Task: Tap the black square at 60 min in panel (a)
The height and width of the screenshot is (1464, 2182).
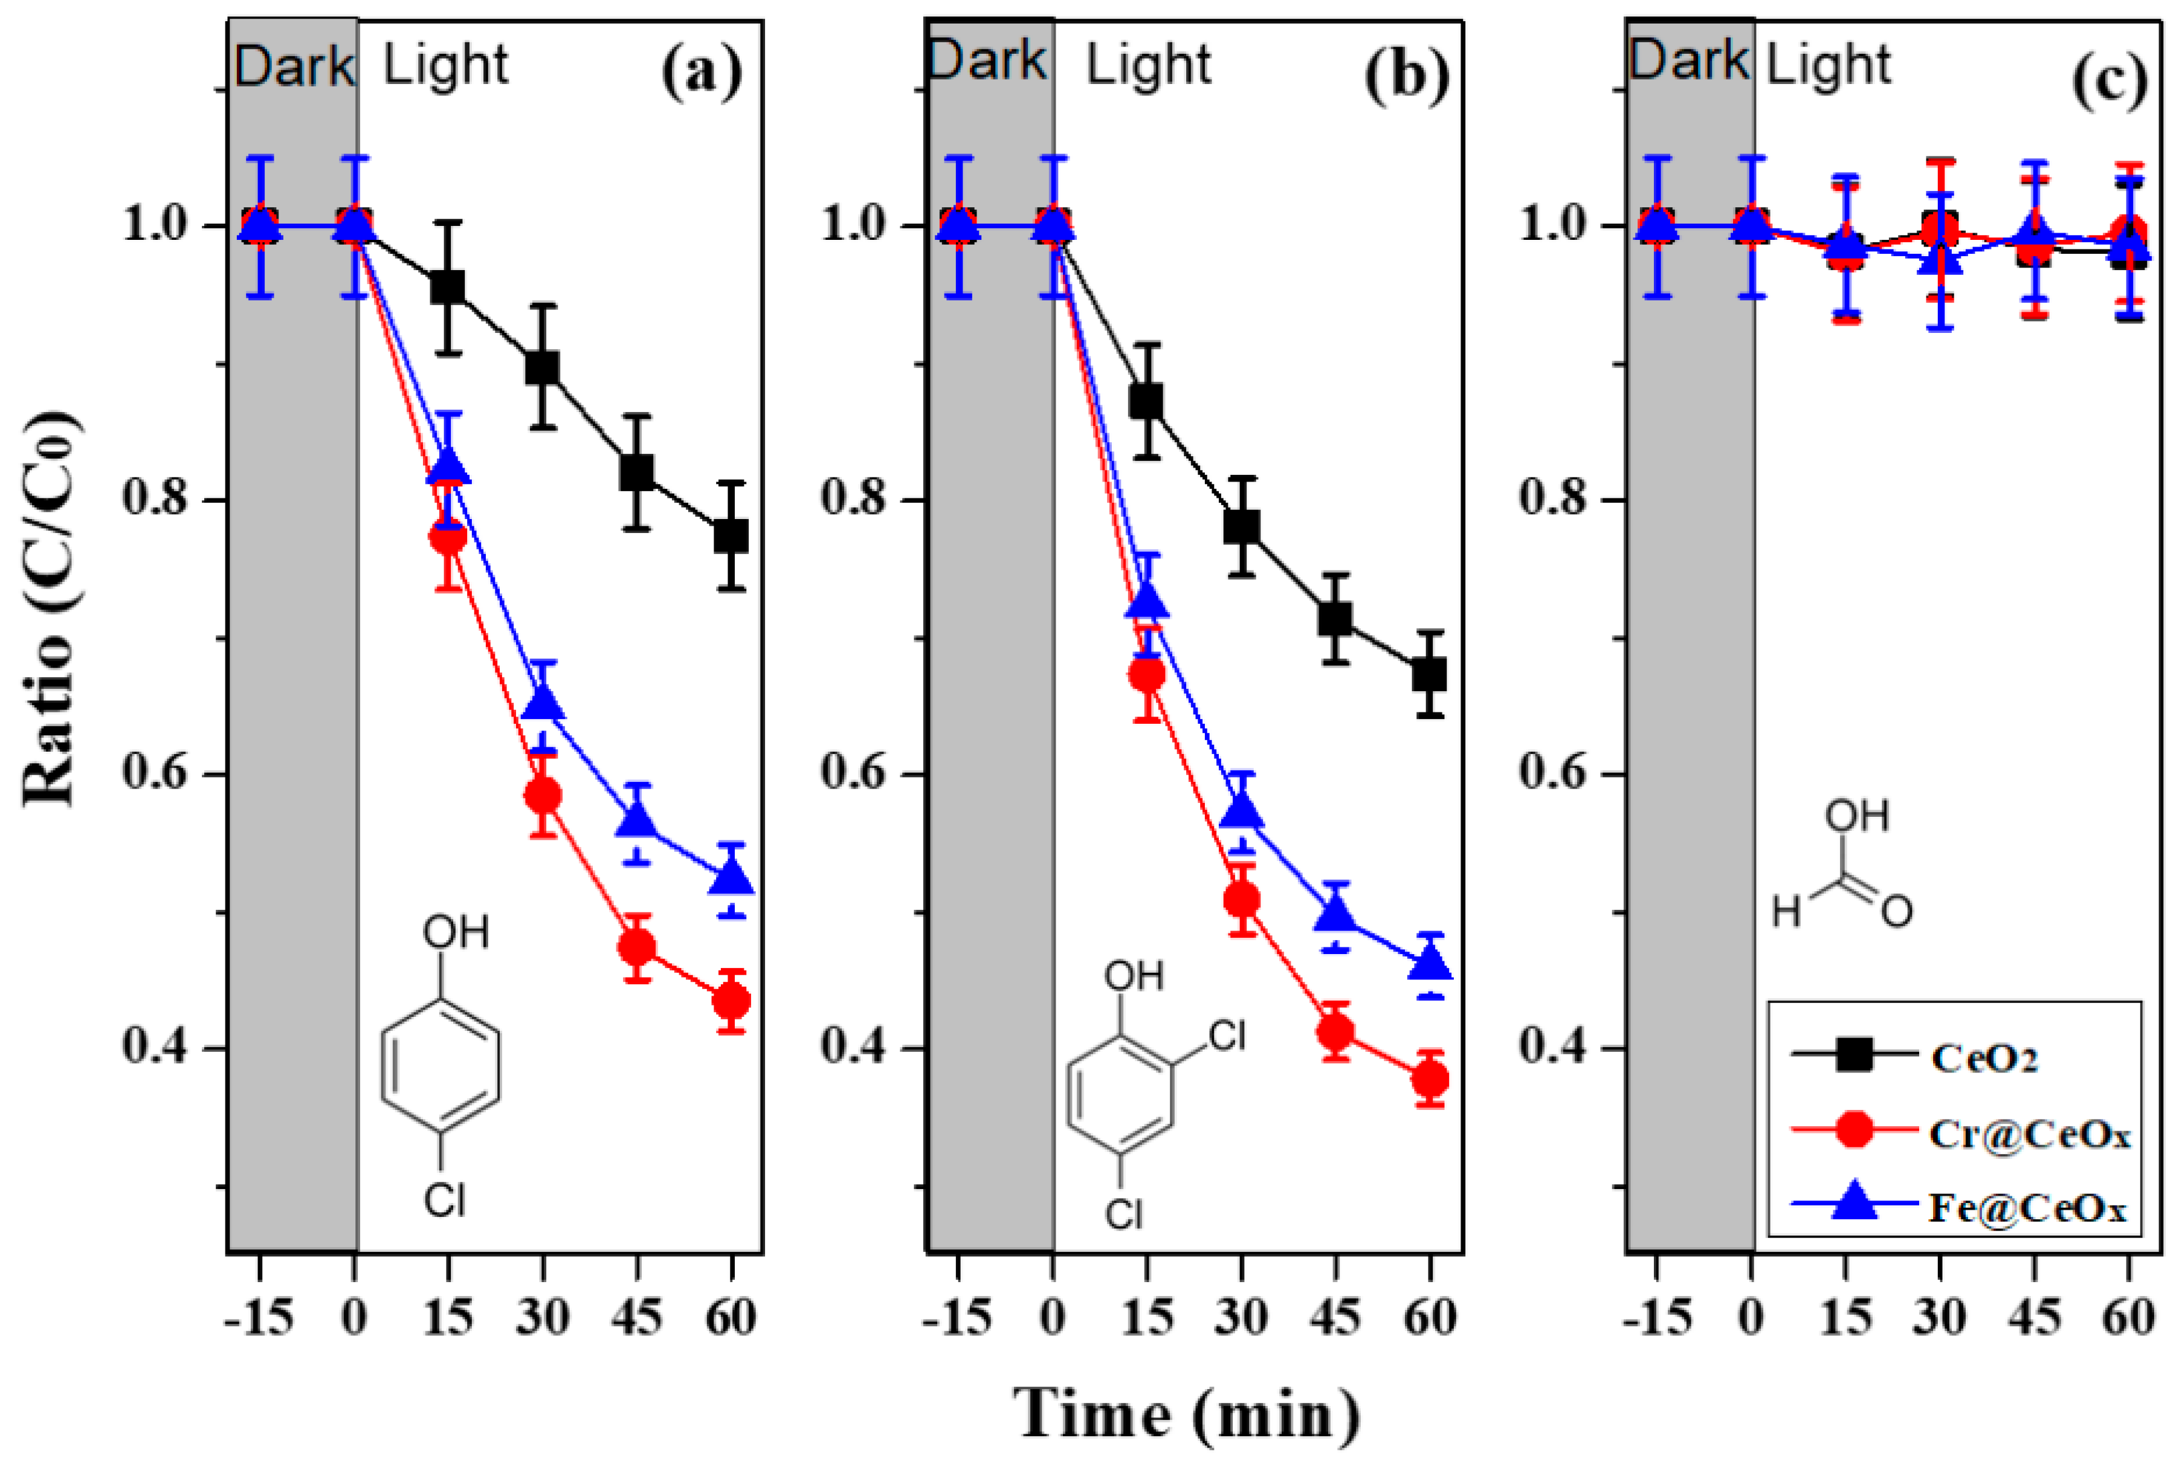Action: click(x=731, y=536)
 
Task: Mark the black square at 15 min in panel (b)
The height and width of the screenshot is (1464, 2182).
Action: click(x=1146, y=401)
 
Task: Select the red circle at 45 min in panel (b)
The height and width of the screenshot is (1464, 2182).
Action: click(x=1336, y=1032)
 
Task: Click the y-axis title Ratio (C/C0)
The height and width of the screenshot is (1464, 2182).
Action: click(x=48, y=607)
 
